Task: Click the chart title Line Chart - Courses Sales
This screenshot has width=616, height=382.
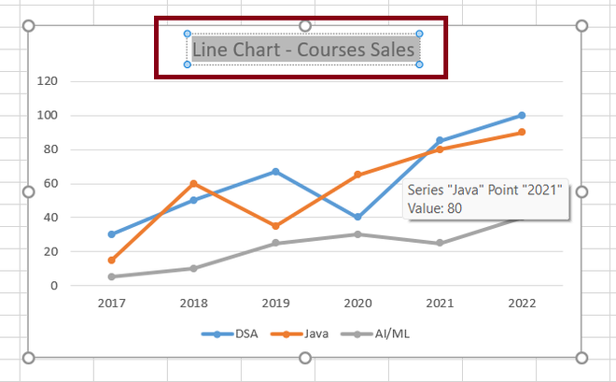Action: [x=303, y=50]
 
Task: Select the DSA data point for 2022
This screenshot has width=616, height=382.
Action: [x=522, y=115]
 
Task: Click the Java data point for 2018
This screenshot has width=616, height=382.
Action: [x=193, y=183]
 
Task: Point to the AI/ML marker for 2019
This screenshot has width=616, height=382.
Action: [x=275, y=243]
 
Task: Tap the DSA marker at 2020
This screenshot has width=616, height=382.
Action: [x=357, y=217]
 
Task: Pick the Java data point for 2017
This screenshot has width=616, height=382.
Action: [x=111, y=260]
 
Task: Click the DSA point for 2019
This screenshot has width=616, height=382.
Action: [x=275, y=171]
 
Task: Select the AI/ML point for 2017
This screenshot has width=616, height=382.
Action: [x=111, y=276]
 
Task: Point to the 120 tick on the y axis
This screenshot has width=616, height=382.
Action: [x=74, y=81]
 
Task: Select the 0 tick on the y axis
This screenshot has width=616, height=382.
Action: [x=80, y=285]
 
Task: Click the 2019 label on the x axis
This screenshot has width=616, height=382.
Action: [x=275, y=304]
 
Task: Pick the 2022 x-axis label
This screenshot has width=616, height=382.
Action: [x=522, y=304]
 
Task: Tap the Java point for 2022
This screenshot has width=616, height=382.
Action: [x=522, y=132]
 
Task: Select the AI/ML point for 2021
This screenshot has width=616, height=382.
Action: [x=440, y=243]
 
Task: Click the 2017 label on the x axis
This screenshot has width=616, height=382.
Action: [x=111, y=304]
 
